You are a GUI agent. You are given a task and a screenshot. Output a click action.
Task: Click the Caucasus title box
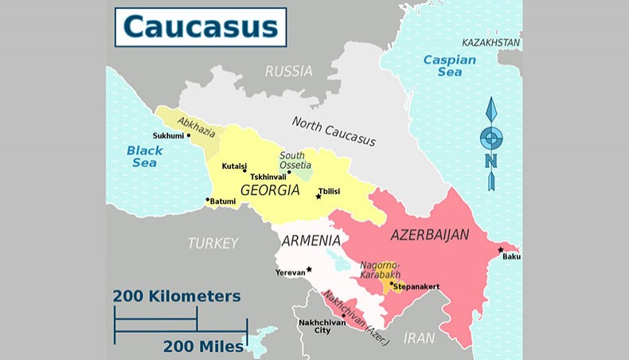pos(200,27)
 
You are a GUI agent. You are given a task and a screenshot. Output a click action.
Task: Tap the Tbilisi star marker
pos(318,196)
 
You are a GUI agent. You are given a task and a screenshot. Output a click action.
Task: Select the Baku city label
pos(512,256)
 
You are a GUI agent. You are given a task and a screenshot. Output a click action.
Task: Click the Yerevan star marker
pos(309,269)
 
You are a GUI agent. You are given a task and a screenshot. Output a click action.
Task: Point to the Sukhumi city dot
pos(189,135)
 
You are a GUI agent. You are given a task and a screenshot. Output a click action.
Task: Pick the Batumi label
pos(223,202)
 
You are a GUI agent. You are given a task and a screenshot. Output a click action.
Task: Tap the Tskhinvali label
pos(268,177)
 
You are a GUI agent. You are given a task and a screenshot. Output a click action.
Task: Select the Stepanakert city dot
pos(392,283)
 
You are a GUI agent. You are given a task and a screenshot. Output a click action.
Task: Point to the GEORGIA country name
pos(270,191)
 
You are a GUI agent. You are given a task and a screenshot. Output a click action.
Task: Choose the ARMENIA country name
pos(310,241)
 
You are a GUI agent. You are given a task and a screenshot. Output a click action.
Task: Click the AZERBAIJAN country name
pos(429,235)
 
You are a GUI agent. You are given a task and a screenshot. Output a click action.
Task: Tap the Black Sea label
pos(144,156)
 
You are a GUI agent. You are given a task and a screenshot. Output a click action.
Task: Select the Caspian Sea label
pos(449,65)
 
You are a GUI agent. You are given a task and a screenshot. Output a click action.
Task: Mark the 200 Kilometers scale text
pos(177,296)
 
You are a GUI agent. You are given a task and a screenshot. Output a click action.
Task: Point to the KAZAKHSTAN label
pos(491,42)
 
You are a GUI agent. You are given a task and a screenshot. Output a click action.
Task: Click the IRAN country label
pos(420,338)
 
